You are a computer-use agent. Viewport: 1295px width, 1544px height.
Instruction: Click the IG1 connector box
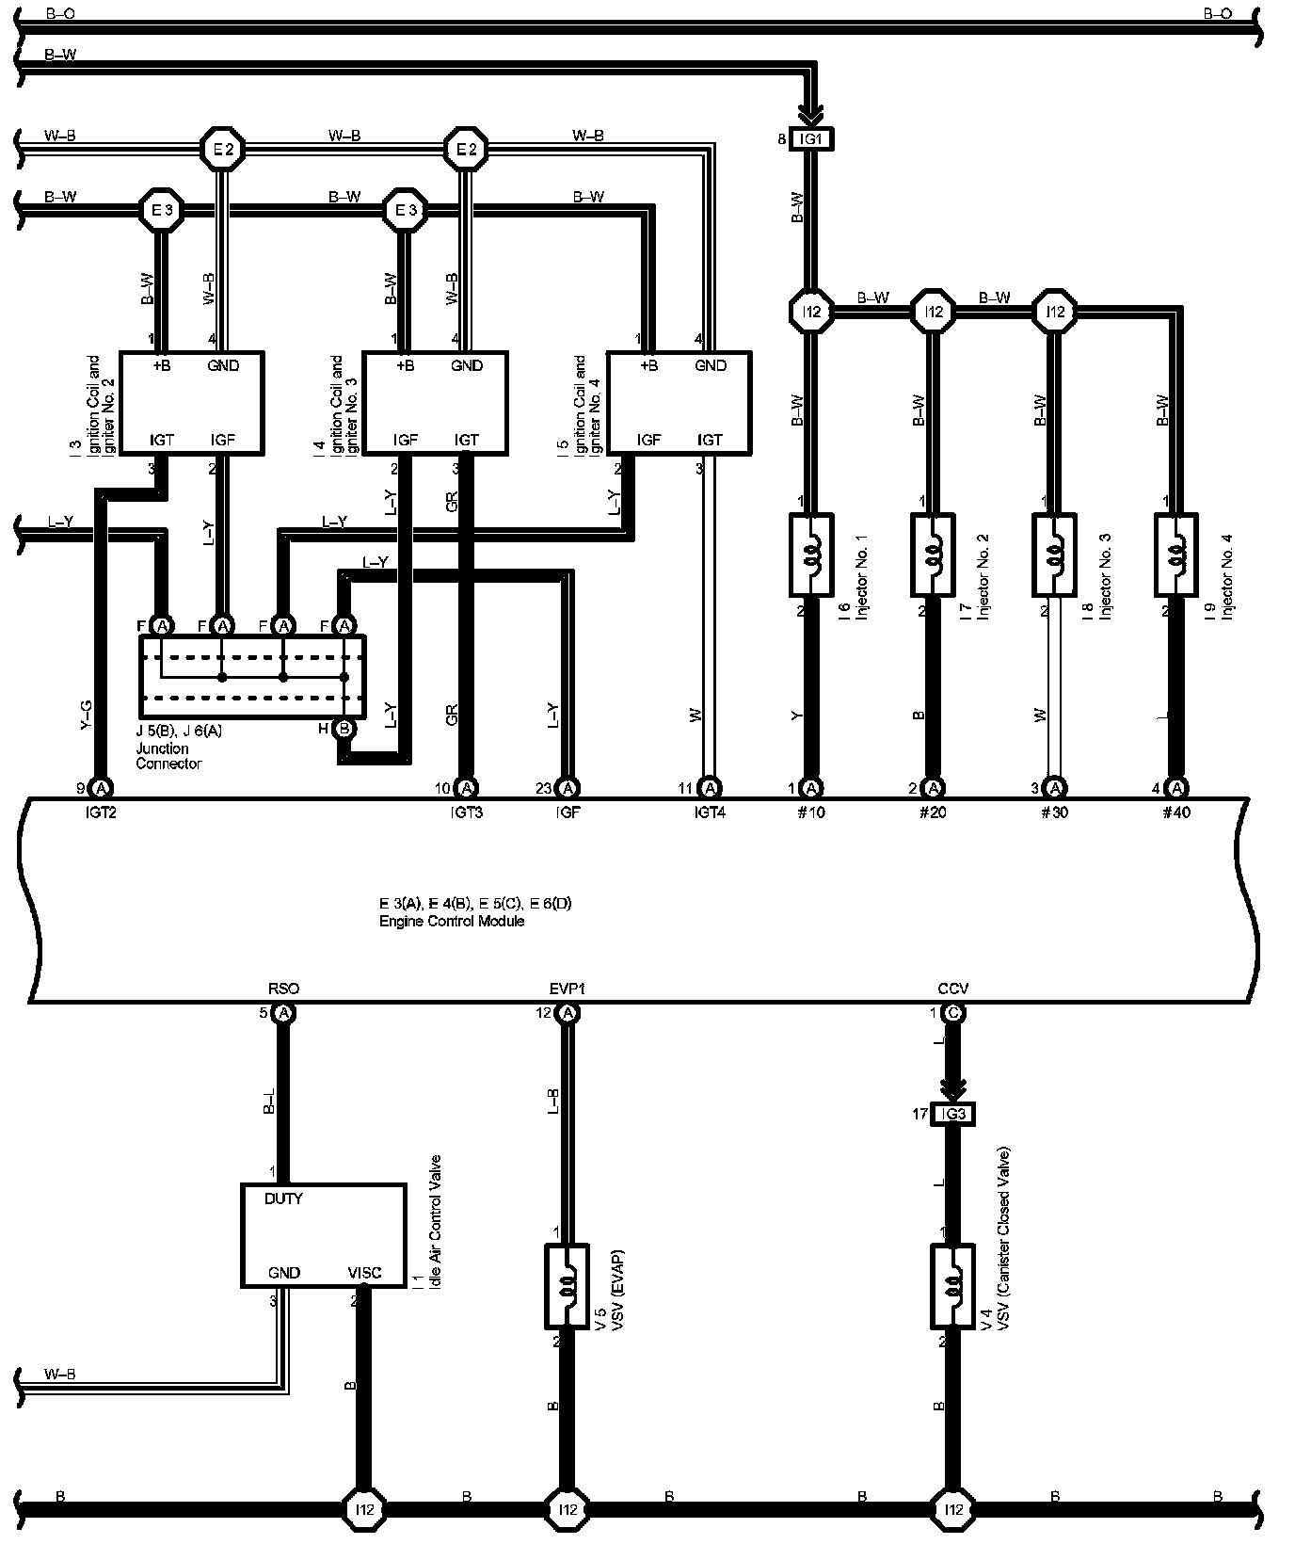(x=810, y=139)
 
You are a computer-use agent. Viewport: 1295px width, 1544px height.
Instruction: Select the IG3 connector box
(x=952, y=1115)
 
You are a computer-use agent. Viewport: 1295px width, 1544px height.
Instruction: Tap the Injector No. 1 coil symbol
(x=810, y=555)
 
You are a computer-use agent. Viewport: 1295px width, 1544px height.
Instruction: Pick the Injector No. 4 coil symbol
(x=1175, y=555)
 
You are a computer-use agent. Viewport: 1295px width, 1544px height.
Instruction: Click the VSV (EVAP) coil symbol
(x=567, y=1286)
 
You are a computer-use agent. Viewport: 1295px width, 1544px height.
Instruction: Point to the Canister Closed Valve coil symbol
(x=952, y=1286)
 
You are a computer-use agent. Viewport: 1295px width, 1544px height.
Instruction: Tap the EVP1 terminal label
(x=568, y=989)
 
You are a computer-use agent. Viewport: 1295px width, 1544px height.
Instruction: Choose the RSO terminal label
(x=283, y=989)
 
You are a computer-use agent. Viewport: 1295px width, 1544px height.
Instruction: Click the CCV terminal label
(x=952, y=989)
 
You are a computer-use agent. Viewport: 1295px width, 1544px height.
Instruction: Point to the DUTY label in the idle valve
(x=283, y=1199)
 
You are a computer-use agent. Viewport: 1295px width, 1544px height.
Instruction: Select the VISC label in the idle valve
(x=364, y=1273)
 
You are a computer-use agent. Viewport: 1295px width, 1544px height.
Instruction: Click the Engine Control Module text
(x=452, y=921)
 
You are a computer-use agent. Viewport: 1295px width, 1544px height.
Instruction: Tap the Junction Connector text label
(x=168, y=756)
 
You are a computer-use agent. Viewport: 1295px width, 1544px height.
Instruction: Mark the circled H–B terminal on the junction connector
(x=344, y=728)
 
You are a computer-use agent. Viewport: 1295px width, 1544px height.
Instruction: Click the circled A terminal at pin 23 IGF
(x=567, y=787)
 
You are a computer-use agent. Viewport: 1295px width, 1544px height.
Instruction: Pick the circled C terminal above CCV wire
(x=952, y=1013)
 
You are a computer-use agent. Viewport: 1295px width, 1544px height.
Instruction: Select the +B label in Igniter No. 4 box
(x=648, y=365)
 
